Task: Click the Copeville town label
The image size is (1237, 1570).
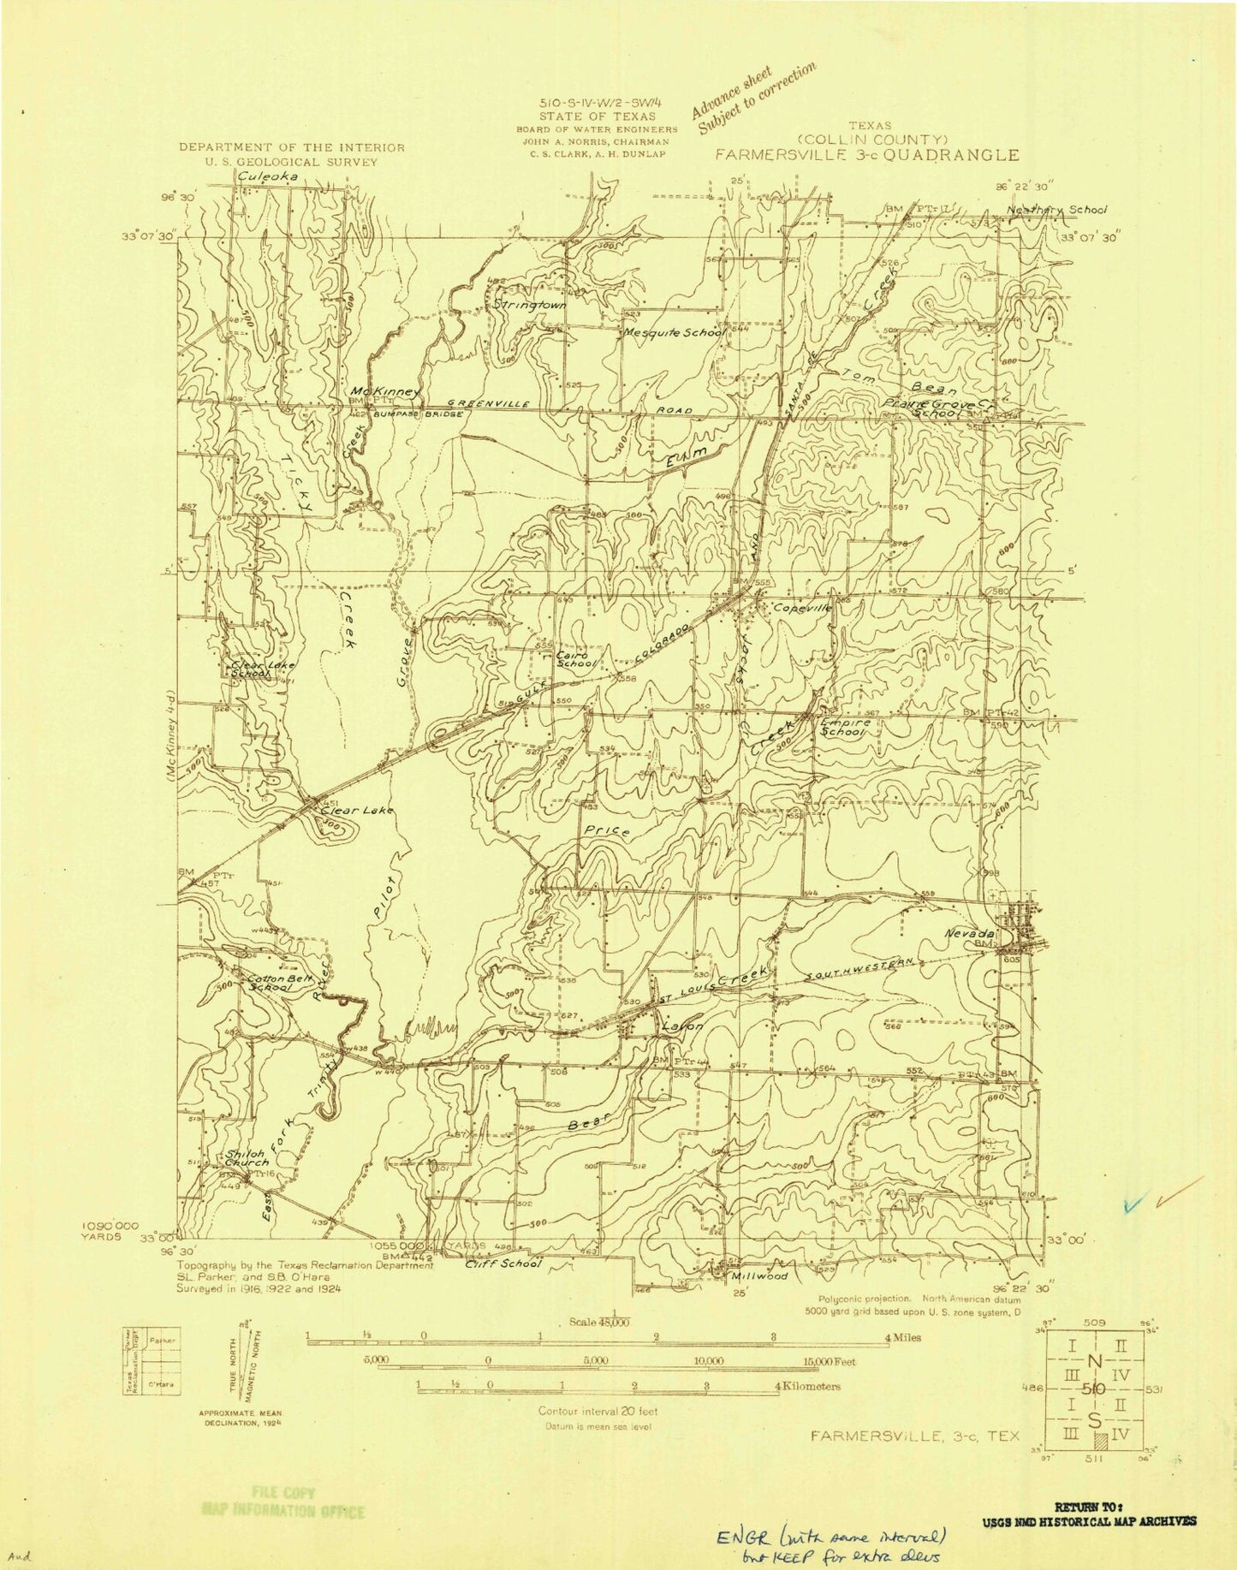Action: [802, 608]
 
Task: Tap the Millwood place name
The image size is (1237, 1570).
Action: [759, 1275]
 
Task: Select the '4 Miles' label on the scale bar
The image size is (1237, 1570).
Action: [903, 1337]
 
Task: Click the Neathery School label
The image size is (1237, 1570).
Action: [1057, 209]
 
